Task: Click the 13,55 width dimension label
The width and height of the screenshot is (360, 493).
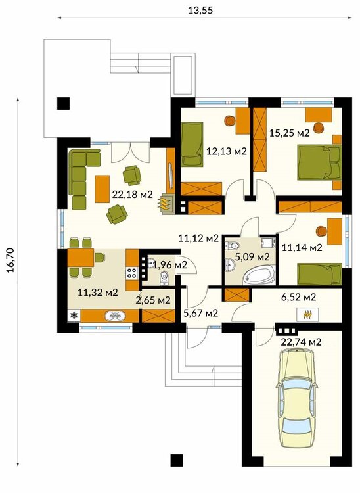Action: coord(200,11)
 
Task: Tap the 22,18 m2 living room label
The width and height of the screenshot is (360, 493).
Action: coord(132,195)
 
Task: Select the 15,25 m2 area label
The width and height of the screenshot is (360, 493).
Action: coord(289,133)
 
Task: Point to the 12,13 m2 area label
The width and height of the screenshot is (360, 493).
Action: coord(226,151)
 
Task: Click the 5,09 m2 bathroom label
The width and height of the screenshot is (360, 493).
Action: coord(252,257)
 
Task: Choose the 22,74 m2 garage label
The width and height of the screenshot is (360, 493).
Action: coord(301,342)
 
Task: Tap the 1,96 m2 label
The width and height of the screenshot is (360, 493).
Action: coord(170,265)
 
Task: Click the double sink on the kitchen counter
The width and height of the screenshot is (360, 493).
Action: coord(115,316)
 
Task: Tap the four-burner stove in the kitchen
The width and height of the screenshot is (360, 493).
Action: coord(131,272)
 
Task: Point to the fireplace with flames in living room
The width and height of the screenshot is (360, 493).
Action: coord(166,204)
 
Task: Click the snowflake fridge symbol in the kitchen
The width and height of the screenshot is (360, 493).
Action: coord(74,316)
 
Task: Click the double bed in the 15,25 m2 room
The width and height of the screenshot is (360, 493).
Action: coord(319,162)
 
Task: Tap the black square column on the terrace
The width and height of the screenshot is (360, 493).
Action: coord(63,103)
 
